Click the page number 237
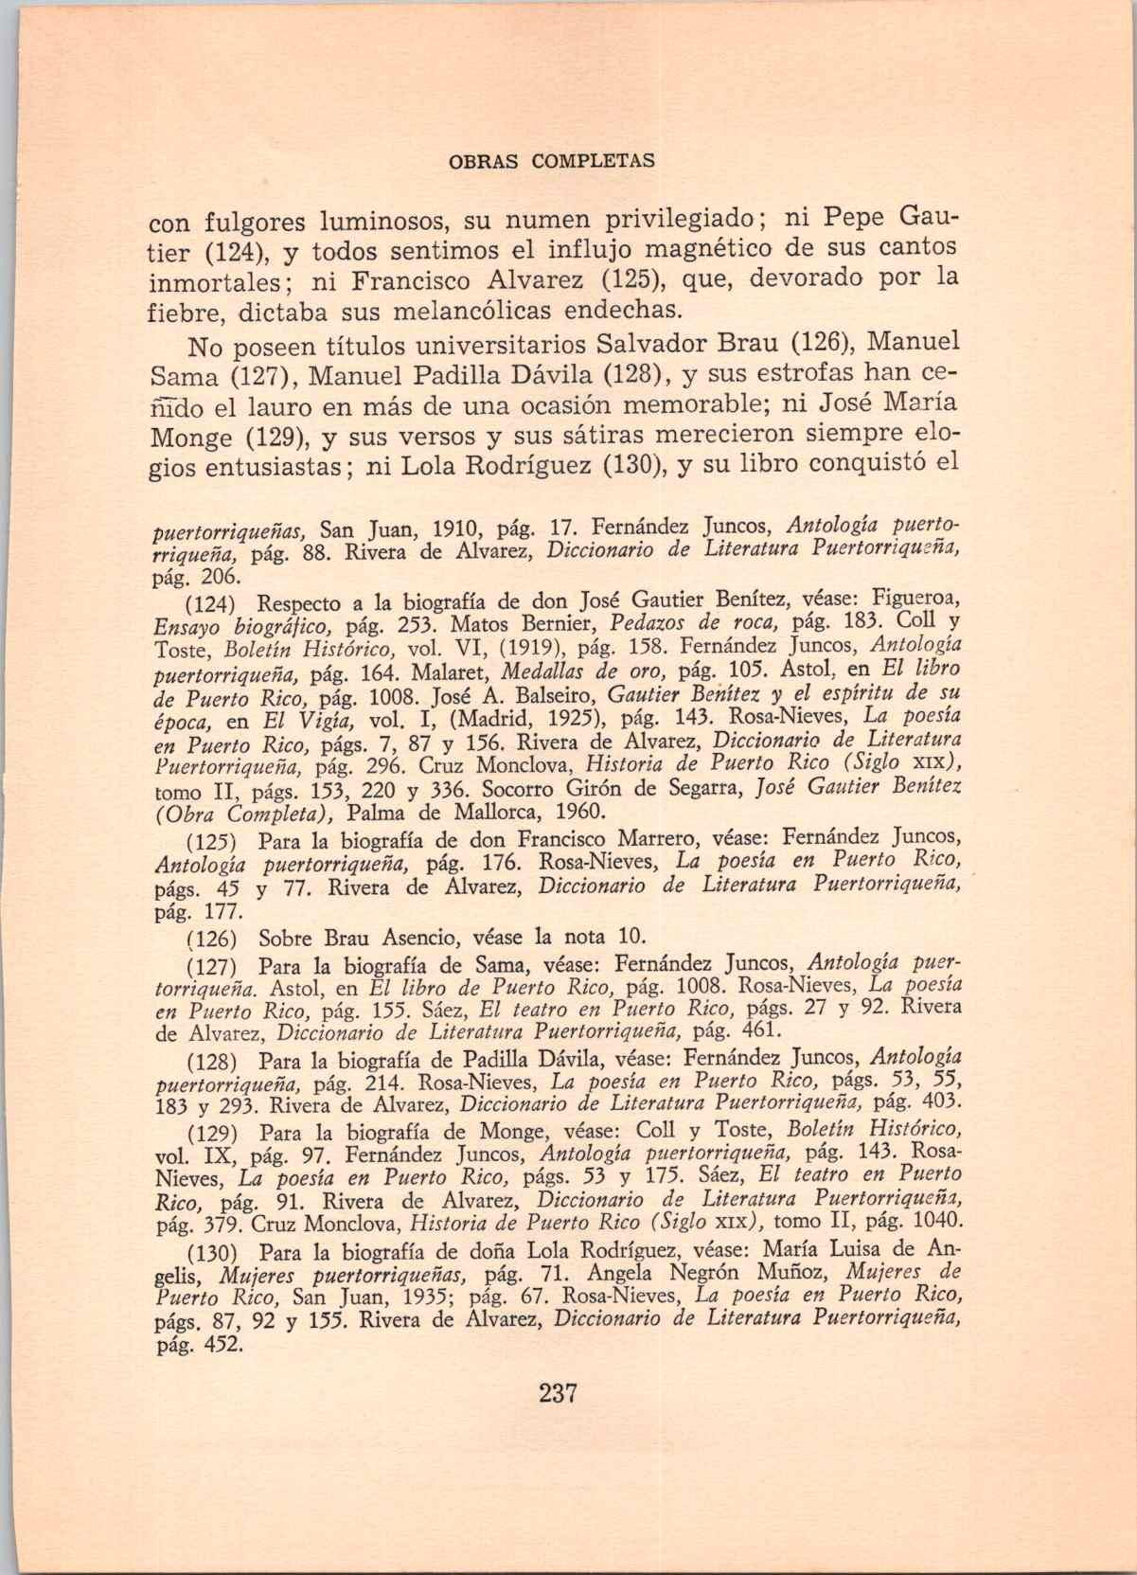(558, 1393)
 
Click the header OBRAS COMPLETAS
(550, 161)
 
